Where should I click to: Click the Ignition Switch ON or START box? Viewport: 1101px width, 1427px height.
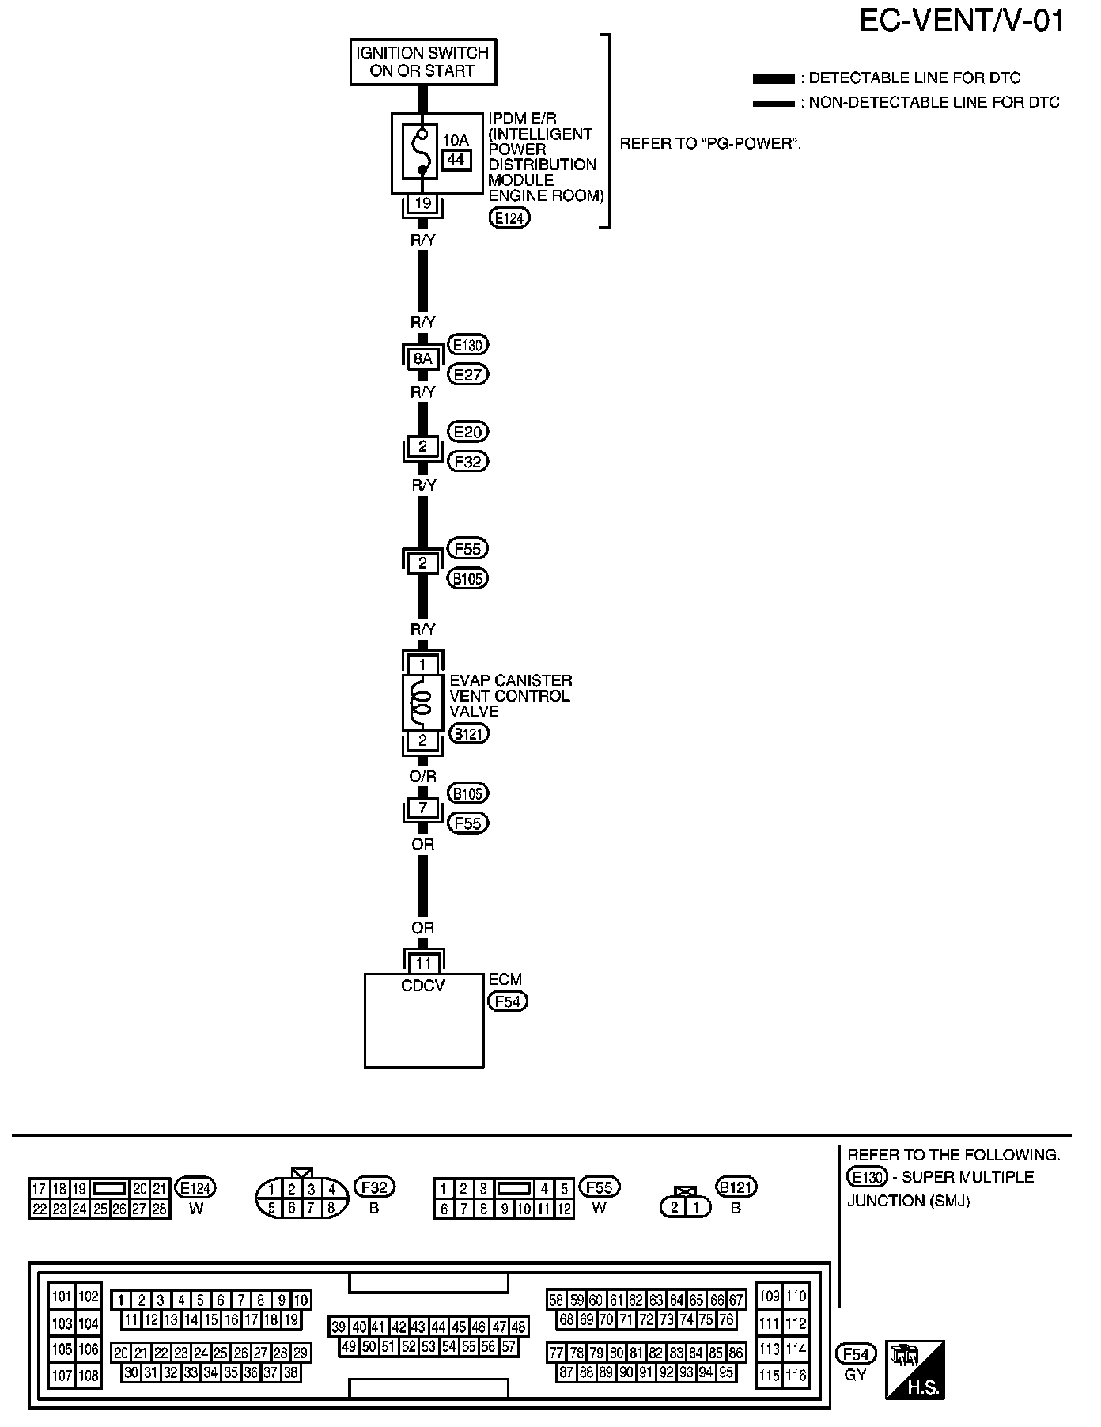tap(422, 62)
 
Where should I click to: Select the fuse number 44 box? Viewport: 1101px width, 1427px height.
tap(456, 160)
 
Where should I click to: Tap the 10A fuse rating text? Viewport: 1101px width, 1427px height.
tap(456, 140)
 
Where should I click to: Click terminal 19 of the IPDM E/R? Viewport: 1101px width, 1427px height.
tap(423, 203)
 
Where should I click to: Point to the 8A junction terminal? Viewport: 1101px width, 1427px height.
tap(422, 359)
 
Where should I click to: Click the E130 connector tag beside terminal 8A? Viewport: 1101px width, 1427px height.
tap(467, 345)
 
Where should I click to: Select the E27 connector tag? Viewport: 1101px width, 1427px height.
tap(467, 374)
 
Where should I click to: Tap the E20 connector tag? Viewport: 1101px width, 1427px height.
tap(467, 432)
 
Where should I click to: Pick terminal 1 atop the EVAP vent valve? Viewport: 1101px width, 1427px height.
tap(422, 664)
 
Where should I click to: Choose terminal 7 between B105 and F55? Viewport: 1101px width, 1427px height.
tap(422, 808)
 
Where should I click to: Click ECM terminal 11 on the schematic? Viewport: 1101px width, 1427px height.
tap(423, 963)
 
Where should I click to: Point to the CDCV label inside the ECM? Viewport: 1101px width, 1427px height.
tap(423, 986)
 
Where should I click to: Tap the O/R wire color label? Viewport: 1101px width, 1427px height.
tap(423, 777)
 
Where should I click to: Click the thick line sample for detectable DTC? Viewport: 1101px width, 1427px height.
tap(773, 78)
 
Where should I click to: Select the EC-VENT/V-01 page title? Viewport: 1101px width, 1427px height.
tap(961, 21)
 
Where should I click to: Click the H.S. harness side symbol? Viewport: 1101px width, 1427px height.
tap(915, 1370)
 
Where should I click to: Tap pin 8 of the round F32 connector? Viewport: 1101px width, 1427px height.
tap(331, 1208)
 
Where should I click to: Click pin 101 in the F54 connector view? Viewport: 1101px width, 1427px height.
tap(62, 1296)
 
